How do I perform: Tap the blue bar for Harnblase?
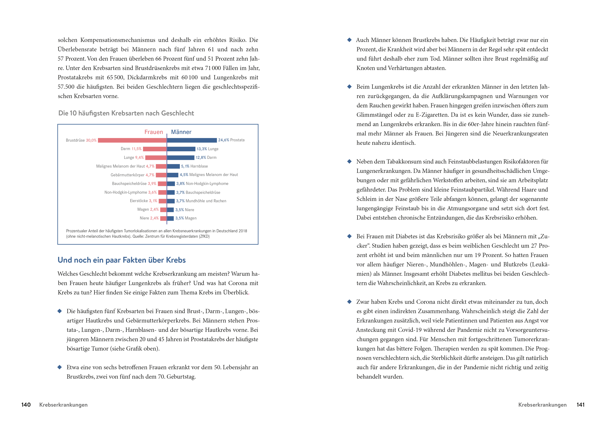point(173,166)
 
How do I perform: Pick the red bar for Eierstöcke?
point(163,201)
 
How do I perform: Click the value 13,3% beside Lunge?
point(202,149)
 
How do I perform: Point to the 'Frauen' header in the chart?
point(154,132)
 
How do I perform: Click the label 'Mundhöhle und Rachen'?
point(206,201)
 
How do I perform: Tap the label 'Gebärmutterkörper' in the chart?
point(128,175)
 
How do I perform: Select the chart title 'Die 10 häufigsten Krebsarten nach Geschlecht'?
point(126,113)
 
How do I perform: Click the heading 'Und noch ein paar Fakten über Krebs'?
point(121,260)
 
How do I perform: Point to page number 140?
point(26,405)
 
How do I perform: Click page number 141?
point(580,405)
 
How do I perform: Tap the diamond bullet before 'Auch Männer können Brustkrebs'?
point(349,40)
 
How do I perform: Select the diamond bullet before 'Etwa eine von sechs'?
point(60,367)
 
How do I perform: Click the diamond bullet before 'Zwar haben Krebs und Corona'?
point(349,302)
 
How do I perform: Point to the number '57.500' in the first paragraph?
point(66,87)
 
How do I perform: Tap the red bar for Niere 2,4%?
point(163,218)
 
